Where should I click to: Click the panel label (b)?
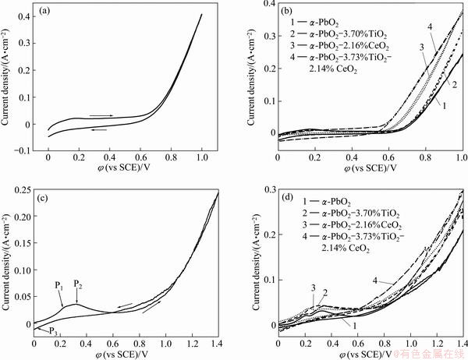(289, 12)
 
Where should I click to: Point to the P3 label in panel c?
(52, 332)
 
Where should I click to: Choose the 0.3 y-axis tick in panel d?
(268, 189)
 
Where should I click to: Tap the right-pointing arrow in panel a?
(101, 115)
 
